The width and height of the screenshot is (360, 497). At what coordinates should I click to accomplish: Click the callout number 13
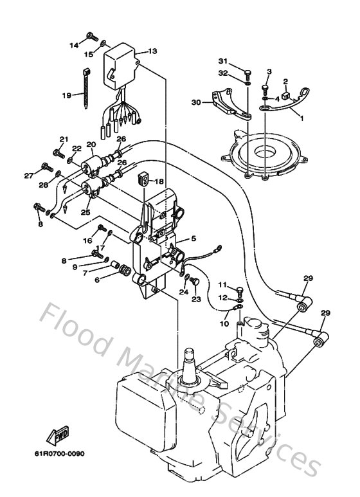[x=152, y=51]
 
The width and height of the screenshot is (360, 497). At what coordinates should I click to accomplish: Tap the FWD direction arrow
[x=57, y=435]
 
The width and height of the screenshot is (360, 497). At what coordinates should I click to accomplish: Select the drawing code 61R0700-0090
[x=60, y=454]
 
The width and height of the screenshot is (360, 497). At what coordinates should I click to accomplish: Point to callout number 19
[x=67, y=95]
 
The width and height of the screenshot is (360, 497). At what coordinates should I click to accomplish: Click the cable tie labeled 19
[x=86, y=89]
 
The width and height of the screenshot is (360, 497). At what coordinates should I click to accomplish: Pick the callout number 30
[x=196, y=102]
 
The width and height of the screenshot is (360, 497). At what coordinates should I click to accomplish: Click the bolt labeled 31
[x=248, y=75]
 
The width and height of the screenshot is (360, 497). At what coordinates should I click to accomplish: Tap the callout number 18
[x=159, y=181]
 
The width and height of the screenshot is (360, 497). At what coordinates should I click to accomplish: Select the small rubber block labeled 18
[x=143, y=179]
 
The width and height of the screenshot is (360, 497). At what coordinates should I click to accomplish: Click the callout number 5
[x=194, y=239]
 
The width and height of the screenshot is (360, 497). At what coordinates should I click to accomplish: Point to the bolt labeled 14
[x=93, y=37]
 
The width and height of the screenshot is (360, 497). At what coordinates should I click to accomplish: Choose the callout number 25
[x=85, y=212]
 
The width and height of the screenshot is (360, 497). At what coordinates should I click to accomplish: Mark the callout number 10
[x=224, y=323]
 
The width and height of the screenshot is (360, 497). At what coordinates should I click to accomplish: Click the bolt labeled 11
[x=240, y=291]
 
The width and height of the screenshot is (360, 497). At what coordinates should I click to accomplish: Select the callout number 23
[x=196, y=299]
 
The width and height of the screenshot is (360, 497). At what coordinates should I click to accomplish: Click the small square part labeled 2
[x=287, y=95]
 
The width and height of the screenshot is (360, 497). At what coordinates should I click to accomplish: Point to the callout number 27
[x=29, y=176]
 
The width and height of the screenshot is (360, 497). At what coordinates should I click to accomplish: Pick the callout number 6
[x=97, y=280]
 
